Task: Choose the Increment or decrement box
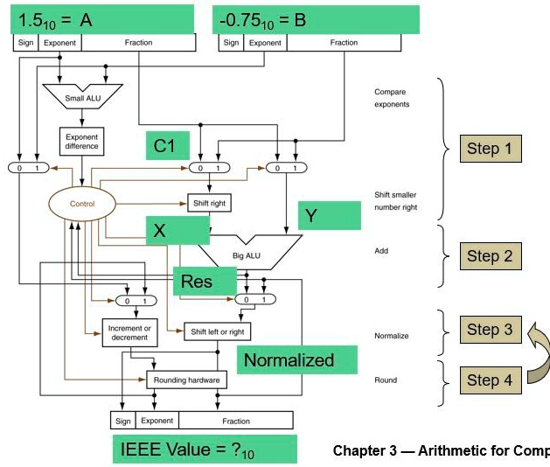click(x=129, y=333)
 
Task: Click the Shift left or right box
click(x=217, y=331)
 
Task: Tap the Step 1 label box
click(x=490, y=149)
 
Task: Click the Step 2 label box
click(x=490, y=255)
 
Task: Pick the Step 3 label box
click(x=490, y=329)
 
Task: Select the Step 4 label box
click(x=490, y=380)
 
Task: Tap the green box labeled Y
click(x=329, y=215)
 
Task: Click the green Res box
click(x=205, y=282)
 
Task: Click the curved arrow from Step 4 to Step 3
click(x=537, y=355)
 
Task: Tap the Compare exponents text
click(x=390, y=98)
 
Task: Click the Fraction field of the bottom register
click(x=236, y=421)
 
